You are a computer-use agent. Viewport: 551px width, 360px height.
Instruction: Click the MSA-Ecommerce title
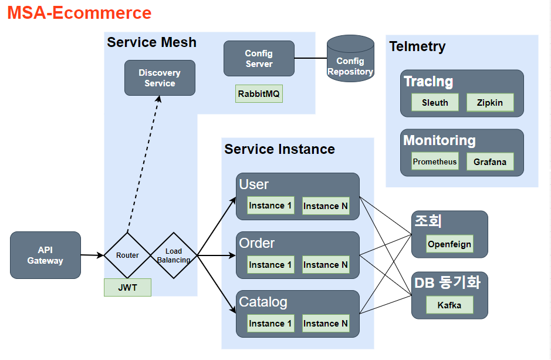coord(79,13)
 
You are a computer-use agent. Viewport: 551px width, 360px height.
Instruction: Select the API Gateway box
coord(45,255)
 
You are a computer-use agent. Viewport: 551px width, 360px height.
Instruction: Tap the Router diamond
coord(127,255)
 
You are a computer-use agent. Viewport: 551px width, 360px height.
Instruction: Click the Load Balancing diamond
coord(174,255)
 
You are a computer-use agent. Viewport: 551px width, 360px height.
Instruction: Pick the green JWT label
coord(127,288)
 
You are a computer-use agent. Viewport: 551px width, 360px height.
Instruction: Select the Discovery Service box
coord(160,78)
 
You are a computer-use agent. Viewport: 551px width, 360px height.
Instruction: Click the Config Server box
coord(259,59)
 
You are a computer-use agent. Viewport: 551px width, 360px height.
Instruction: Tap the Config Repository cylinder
coord(350,60)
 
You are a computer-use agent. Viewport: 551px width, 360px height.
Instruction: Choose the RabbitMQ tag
coord(259,94)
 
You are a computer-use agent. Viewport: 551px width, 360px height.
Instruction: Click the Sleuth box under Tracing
coord(435,103)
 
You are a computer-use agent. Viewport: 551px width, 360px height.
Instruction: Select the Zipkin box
coord(489,103)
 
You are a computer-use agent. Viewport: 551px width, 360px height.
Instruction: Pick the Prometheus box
coord(435,162)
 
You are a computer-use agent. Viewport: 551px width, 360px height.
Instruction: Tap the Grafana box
coord(489,162)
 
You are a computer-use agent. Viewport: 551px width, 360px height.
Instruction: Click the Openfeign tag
coord(449,244)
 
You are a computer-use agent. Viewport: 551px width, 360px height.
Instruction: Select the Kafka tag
coord(449,305)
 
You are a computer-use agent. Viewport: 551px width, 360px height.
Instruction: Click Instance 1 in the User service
coord(271,206)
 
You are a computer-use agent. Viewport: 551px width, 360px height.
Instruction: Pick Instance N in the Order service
coord(325,265)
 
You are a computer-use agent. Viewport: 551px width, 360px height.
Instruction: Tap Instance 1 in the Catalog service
coord(271,324)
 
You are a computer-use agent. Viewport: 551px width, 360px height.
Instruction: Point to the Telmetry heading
coord(417,46)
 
